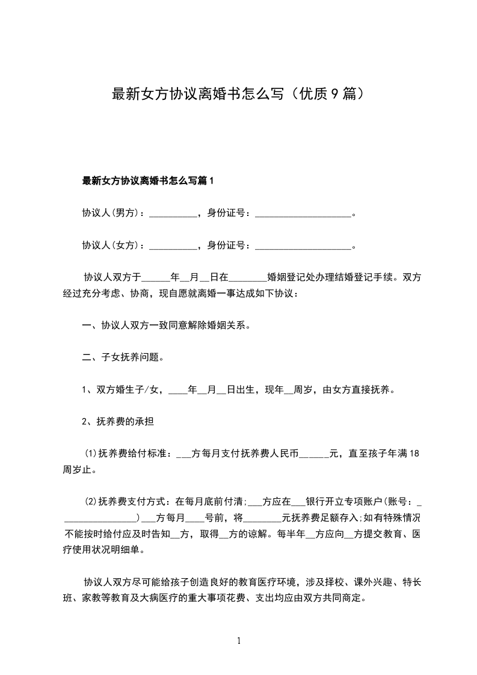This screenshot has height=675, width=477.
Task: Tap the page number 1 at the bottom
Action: tap(239, 641)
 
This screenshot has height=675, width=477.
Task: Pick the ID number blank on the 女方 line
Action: tap(303, 245)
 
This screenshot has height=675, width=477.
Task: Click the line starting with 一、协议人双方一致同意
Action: tap(165, 326)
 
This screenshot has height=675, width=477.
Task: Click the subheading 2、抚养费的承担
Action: tap(117, 422)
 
